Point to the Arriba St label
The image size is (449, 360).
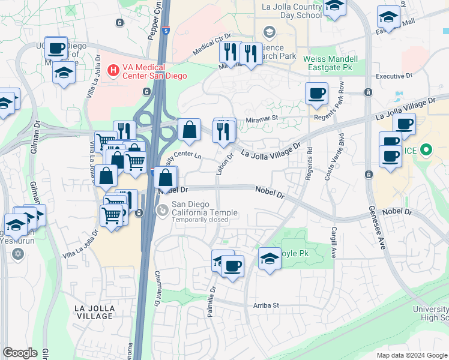[x=267, y=305]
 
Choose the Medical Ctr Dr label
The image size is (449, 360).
[x=212, y=46]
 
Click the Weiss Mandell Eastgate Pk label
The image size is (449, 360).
[x=330, y=64]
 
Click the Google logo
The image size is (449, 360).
[x=20, y=353]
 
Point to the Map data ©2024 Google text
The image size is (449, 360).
[x=412, y=355]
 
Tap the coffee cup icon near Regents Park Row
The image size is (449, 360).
[x=316, y=94]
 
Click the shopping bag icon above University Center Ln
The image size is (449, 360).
[x=189, y=129]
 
